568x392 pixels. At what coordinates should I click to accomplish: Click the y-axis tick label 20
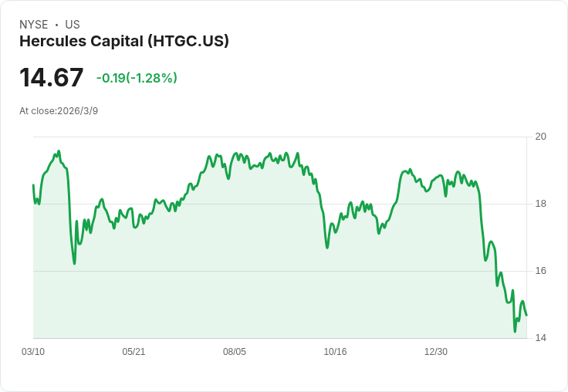(x=541, y=137)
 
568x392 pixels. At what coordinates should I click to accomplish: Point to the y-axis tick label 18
(x=541, y=204)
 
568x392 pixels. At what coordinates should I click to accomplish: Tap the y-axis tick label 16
(x=541, y=271)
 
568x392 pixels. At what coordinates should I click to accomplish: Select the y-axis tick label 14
(x=541, y=338)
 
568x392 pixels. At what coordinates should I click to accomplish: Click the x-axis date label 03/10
(x=33, y=352)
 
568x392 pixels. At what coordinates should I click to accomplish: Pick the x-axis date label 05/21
(x=134, y=352)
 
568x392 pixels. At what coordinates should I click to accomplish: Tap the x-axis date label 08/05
(x=235, y=352)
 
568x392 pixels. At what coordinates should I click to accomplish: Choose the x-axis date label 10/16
(x=335, y=352)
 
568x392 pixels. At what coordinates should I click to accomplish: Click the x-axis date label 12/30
(x=436, y=352)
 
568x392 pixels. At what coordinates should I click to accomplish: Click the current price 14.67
(x=51, y=78)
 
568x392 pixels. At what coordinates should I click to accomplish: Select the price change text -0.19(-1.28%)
(x=137, y=78)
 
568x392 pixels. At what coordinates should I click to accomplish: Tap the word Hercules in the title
(x=49, y=42)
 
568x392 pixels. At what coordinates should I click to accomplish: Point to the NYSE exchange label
(x=34, y=25)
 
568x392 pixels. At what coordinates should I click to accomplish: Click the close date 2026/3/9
(x=77, y=111)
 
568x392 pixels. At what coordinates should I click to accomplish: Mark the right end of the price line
(x=526, y=315)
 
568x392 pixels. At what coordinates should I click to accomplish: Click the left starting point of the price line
(x=33, y=185)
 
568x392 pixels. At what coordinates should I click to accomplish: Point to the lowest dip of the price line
(x=515, y=332)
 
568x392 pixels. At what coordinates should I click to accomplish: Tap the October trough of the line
(x=327, y=248)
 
